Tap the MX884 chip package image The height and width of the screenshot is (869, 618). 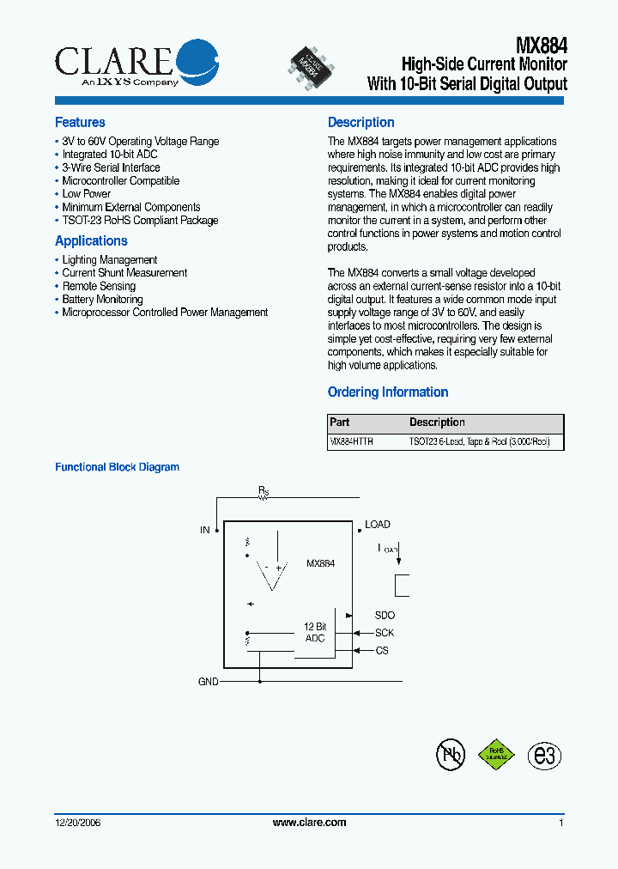pos(311,64)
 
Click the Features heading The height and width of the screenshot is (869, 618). pos(80,123)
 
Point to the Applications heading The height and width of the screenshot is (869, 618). pos(91,241)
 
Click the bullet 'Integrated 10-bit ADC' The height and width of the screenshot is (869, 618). pos(109,155)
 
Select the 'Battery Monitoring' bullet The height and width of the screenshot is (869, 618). pos(102,300)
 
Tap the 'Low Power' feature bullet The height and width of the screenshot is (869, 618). pos(86,194)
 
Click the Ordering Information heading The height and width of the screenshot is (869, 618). pos(388,392)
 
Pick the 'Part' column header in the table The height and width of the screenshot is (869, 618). pos(340,422)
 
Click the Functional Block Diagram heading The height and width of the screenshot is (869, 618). pos(118,467)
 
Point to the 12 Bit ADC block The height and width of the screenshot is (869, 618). pos(315,633)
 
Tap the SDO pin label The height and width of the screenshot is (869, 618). pos(385,616)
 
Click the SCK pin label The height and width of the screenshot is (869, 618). pos(385,633)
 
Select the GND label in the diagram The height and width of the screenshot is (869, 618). pos(208,682)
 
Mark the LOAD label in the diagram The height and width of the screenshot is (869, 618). pos(378,525)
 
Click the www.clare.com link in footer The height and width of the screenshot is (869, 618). pos(309,823)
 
